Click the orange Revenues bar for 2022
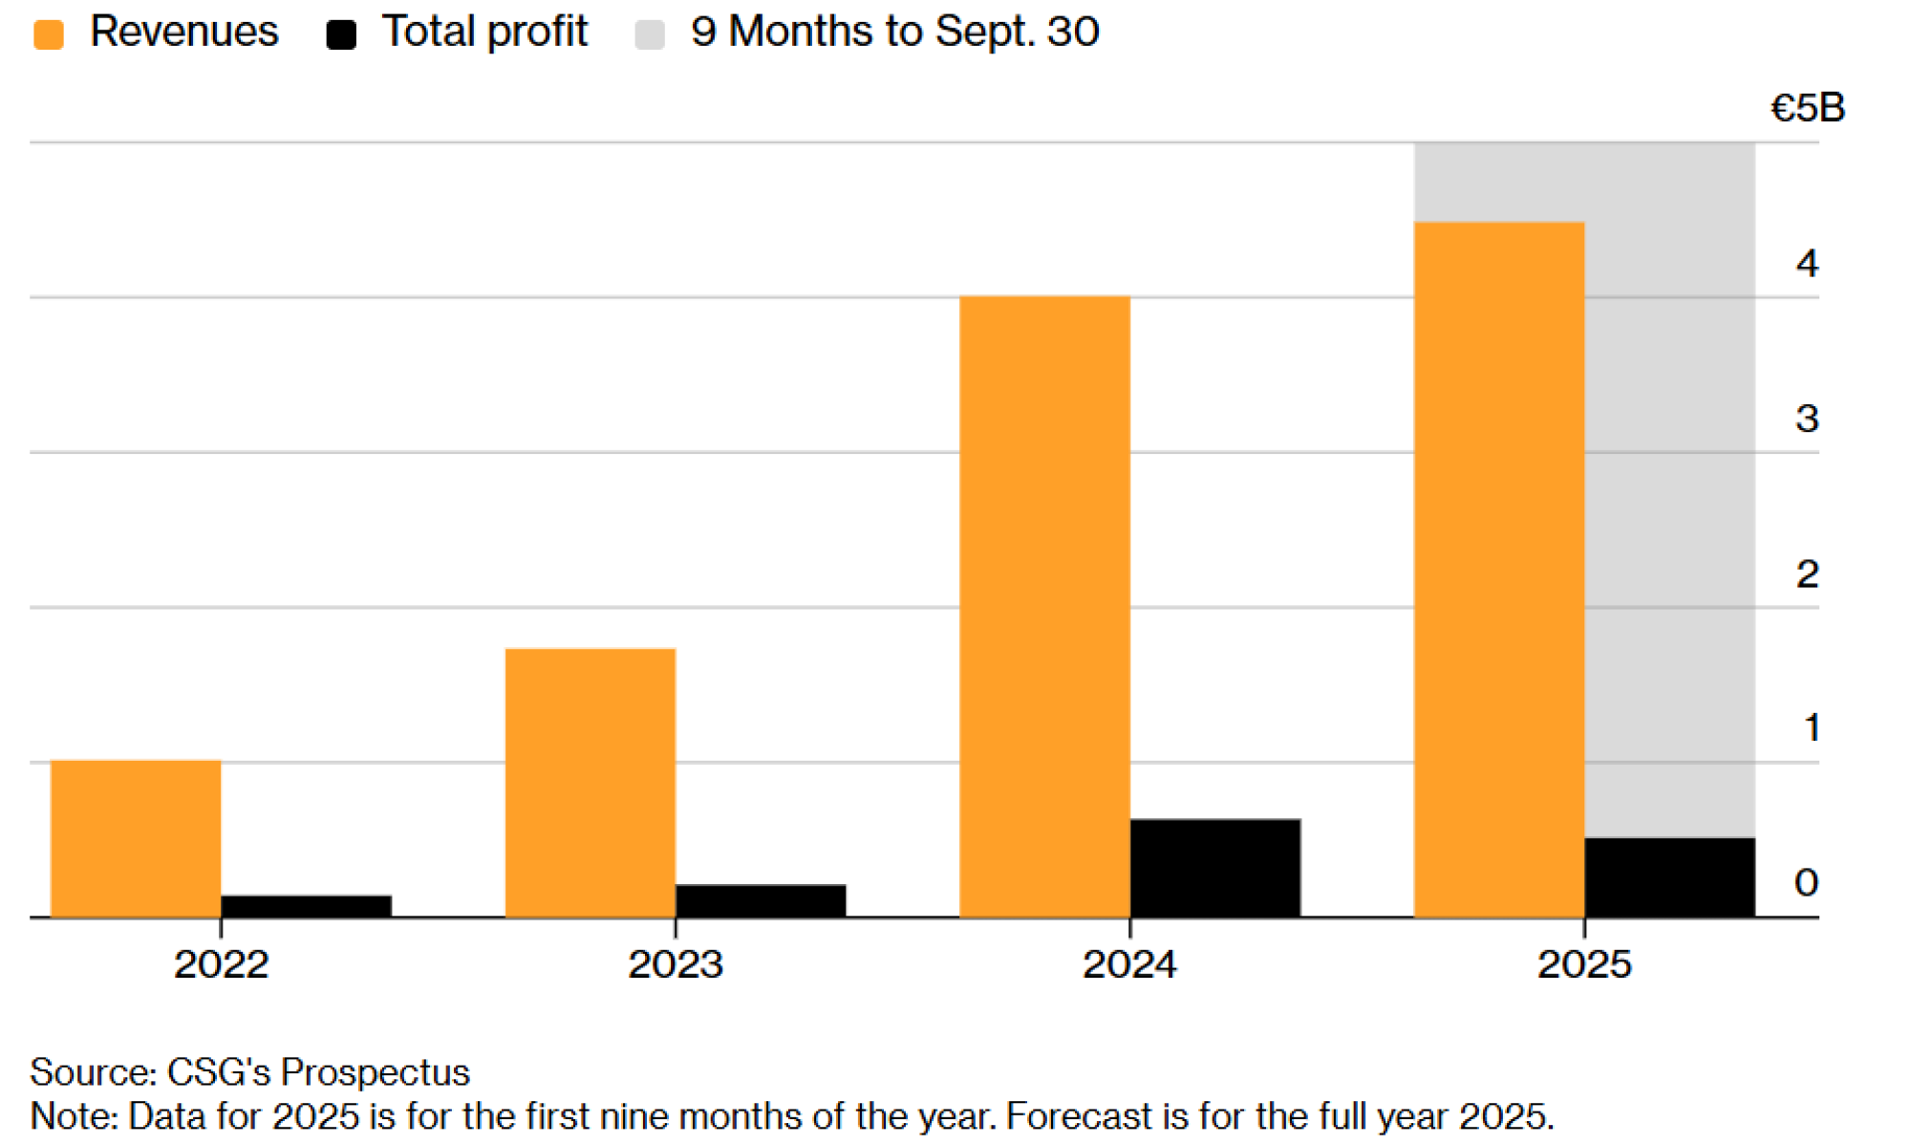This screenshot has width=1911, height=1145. coord(135,838)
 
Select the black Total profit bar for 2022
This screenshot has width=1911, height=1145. coord(306,906)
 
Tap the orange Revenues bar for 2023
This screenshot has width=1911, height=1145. coord(590,783)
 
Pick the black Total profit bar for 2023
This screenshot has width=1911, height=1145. coord(761,900)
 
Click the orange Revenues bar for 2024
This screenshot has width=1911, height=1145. coord(1044,607)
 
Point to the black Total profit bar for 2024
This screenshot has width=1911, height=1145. coord(1214,868)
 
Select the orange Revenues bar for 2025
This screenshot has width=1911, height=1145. coord(1498,570)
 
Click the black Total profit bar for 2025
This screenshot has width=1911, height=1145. coord(1669,877)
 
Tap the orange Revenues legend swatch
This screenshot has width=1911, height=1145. coord(49,35)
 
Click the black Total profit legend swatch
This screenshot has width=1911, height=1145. coord(341,35)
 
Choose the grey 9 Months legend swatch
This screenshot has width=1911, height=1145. coord(650,35)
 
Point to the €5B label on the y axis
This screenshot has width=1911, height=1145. coord(1807,108)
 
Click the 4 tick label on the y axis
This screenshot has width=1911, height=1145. coord(1806,263)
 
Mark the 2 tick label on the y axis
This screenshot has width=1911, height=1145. coord(1806,573)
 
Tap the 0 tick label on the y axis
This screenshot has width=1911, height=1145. coord(1806,882)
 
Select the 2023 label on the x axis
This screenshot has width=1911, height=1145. coord(675,963)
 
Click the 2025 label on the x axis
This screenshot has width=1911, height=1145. coord(1583,963)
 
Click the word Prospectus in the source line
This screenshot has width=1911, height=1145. coord(375,1072)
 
